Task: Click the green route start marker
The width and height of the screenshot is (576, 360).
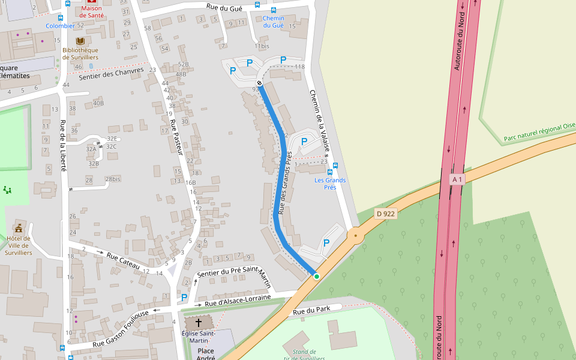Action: click(316, 276)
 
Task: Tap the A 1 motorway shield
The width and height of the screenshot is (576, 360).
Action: click(457, 179)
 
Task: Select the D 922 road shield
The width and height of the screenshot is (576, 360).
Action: click(386, 213)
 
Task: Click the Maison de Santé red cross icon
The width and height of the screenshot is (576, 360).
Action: click(91, 2)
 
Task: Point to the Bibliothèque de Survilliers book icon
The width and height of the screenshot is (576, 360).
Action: click(80, 41)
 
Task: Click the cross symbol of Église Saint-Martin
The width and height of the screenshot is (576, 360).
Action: click(198, 323)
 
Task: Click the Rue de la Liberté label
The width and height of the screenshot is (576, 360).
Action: click(63, 146)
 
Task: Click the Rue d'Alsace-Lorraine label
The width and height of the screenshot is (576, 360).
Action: click(238, 301)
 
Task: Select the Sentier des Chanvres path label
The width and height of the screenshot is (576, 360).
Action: click(112, 74)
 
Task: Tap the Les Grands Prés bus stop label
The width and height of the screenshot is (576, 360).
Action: click(330, 184)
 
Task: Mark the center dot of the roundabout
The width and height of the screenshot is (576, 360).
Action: click(356, 236)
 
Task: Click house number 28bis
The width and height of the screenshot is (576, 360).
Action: click(112, 179)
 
